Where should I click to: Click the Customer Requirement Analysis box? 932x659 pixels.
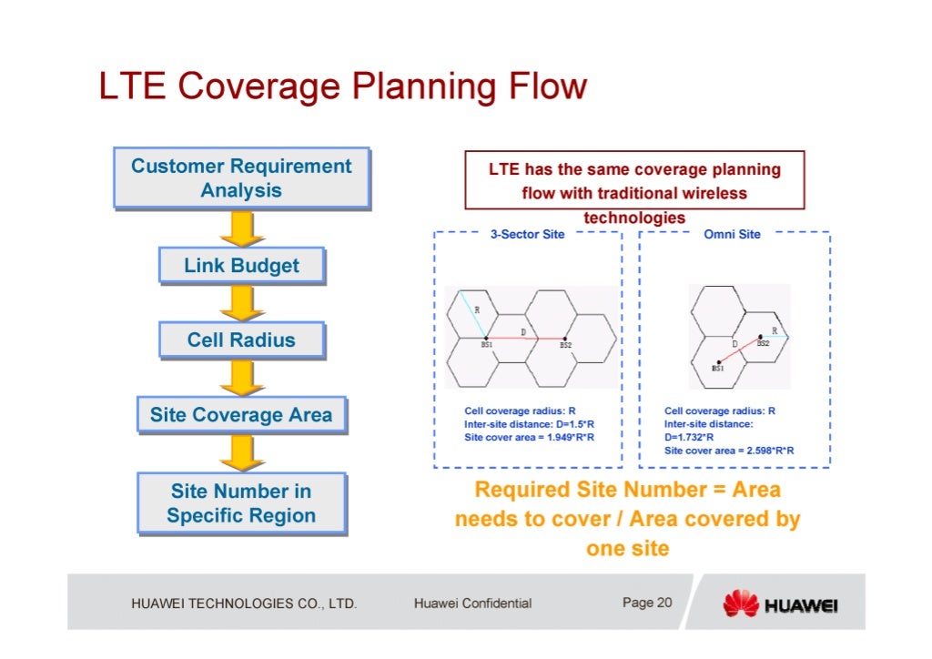[x=241, y=178]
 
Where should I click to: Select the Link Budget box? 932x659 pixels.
[x=241, y=266]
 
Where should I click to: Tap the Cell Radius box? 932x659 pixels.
[x=241, y=340]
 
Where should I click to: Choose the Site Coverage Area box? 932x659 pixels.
[x=241, y=416]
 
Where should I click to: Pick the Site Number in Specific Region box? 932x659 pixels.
[x=241, y=503]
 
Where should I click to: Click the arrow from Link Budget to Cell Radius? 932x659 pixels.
[x=241, y=303]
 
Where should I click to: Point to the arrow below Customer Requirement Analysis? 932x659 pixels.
[x=241, y=228]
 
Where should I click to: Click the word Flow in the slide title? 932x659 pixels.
[x=544, y=86]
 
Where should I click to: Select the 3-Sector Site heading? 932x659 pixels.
[x=528, y=234]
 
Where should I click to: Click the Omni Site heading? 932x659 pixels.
[x=733, y=234]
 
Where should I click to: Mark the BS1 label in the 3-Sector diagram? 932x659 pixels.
[x=487, y=346]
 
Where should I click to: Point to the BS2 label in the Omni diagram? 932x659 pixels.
[x=763, y=344]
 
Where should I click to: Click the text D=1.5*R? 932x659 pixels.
[x=570, y=424]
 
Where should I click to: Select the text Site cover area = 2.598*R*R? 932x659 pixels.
[x=729, y=450]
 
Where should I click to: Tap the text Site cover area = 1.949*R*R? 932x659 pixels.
[x=529, y=437]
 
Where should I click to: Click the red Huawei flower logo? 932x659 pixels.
[x=740, y=603]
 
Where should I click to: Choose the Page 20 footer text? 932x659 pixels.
[x=647, y=603]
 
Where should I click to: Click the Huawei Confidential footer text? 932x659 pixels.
[x=472, y=603]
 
